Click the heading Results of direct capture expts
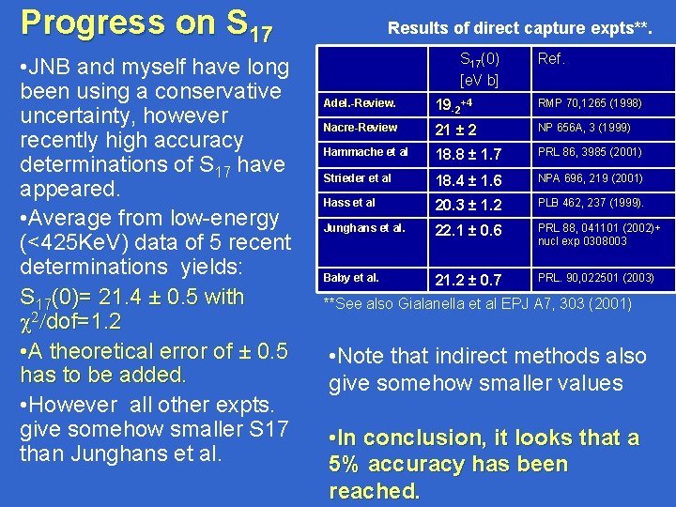[x=518, y=29]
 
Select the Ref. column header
[x=550, y=59]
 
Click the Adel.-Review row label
[x=359, y=101]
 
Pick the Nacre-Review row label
[x=360, y=127]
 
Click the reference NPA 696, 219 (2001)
[x=590, y=178]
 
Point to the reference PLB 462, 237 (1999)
[x=591, y=203]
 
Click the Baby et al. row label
[x=351, y=278]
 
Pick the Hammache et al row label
[x=365, y=152]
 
